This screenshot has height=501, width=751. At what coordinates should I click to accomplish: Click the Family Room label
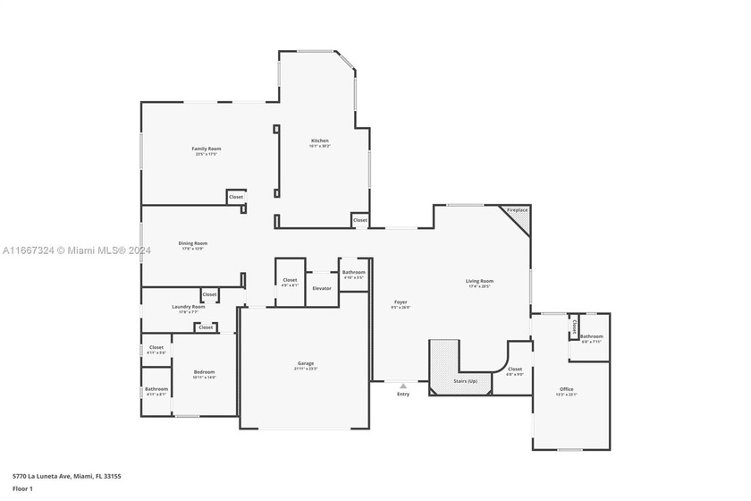(x=207, y=149)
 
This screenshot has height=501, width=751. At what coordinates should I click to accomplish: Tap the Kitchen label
(x=320, y=141)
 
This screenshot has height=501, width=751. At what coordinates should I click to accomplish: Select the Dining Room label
(x=194, y=243)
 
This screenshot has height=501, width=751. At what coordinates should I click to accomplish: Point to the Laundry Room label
(x=188, y=307)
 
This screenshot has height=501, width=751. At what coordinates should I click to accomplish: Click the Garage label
(x=306, y=363)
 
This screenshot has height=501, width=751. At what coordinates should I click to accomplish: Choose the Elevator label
(x=322, y=288)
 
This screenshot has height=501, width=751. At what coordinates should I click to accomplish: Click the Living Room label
(x=479, y=281)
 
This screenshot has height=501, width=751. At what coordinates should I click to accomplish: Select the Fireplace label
(x=518, y=210)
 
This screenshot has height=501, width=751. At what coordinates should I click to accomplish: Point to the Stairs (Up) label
(x=466, y=381)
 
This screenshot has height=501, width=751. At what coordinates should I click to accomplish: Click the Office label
(x=567, y=389)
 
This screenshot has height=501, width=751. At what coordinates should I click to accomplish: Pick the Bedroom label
(x=204, y=372)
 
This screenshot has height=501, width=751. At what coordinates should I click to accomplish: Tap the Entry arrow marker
(x=403, y=386)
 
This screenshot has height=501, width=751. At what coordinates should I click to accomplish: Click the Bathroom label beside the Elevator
(x=353, y=272)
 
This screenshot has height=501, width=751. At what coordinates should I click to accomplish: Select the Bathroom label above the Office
(x=591, y=336)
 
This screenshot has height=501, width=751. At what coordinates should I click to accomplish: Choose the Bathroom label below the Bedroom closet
(x=156, y=389)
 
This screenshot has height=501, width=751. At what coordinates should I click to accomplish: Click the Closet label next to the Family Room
(x=236, y=197)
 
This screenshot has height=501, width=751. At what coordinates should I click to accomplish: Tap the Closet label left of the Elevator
(x=290, y=280)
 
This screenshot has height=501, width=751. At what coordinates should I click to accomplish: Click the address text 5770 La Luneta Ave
(x=67, y=476)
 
